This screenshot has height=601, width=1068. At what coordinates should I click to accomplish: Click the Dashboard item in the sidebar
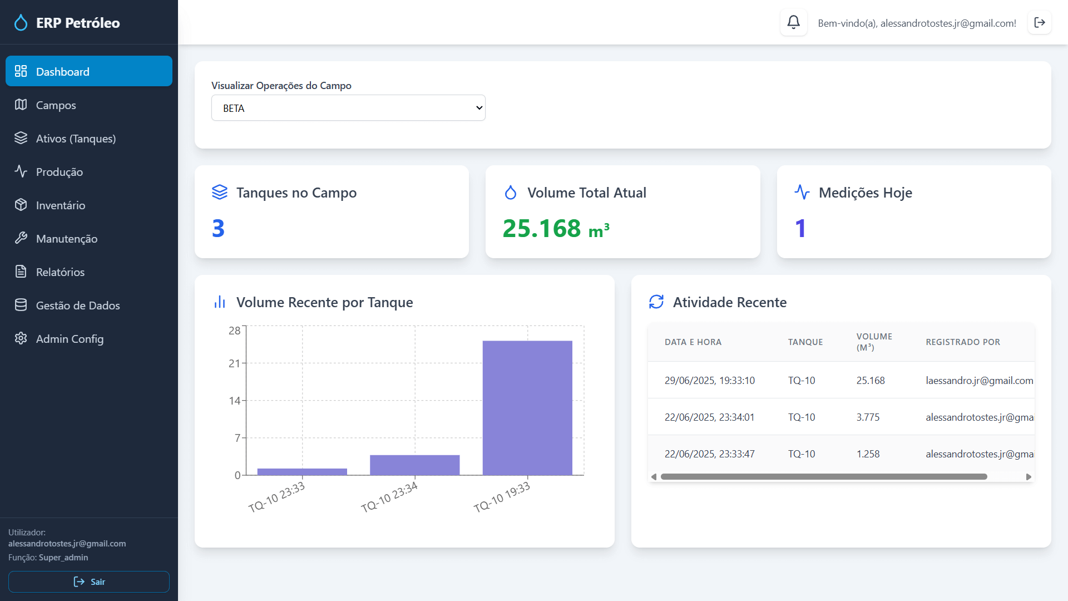click(89, 71)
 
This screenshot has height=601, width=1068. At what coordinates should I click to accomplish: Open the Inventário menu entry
click(60, 205)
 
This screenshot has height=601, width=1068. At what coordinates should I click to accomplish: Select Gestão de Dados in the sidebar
click(77, 306)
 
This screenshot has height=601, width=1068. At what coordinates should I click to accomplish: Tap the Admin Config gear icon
click(21, 338)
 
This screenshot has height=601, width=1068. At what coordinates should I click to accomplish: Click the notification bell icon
click(793, 23)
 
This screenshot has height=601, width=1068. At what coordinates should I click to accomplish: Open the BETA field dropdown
click(348, 108)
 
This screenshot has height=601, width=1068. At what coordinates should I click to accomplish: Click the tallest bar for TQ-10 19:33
click(527, 407)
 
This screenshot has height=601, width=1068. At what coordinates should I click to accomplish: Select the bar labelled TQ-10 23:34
click(414, 465)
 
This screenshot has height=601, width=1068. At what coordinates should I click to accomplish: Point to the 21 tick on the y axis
click(234, 363)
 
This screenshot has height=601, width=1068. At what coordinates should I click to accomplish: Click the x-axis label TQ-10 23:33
click(276, 497)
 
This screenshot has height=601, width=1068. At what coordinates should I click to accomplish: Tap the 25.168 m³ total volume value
click(556, 229)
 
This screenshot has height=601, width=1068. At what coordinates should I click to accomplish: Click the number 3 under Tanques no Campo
click(218, 229)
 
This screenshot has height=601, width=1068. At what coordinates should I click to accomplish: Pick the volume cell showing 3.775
click(868, 417)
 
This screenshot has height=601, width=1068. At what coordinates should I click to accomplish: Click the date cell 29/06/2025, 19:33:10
click(709, 381)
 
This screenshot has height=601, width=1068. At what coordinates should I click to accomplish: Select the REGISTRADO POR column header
click(962, 342)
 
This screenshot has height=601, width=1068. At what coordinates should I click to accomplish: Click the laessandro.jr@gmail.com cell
click(979, 381)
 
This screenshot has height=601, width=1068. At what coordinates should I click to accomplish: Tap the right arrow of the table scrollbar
click(1029, 477)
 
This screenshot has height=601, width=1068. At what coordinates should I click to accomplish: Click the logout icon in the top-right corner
click(1039, 23)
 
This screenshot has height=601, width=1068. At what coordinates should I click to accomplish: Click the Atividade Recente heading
click(729, 302)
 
